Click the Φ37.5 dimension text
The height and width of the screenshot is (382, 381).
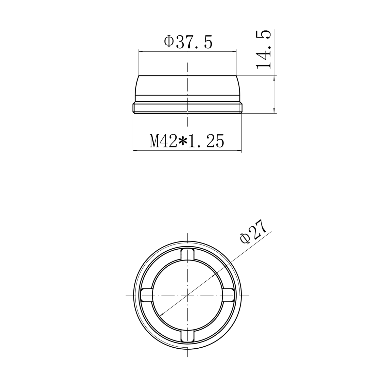tap(188, 42)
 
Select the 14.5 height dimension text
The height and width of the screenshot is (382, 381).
tap(263, 49)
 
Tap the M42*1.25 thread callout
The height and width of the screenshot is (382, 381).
tap(187, 141)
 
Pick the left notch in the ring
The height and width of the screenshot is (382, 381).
tap(147, 295)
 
